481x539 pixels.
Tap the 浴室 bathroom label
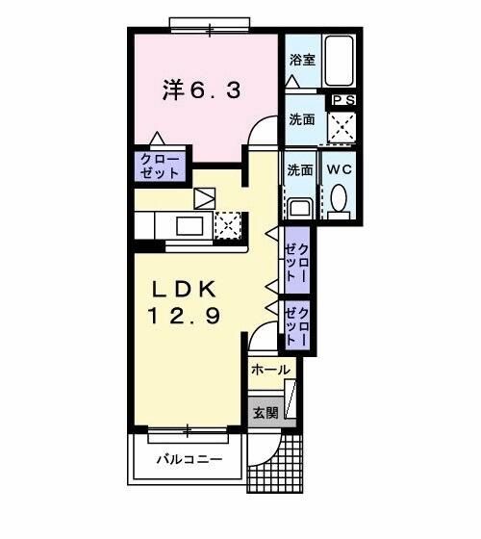[x=302, y=60]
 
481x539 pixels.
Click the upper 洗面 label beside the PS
[x=302, y=120]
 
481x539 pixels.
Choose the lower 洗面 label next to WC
[x=299, y=169]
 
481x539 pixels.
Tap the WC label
[x=339, y=169]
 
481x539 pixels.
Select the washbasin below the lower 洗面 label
[x=299, y=205]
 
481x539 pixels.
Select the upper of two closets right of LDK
[x=296, y=259]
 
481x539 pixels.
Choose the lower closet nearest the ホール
[x=296, y=324]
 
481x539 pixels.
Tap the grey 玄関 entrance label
[x=266, y=413]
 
